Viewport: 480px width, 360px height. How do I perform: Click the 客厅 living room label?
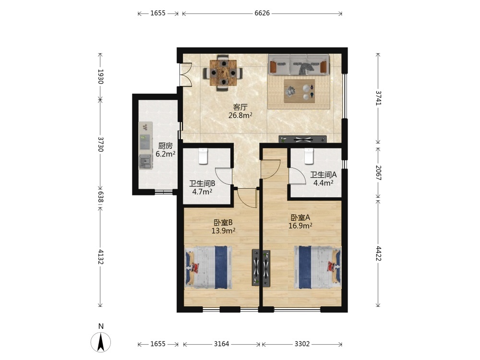click(240, 107)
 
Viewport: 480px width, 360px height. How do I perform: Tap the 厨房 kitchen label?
click(165, 146)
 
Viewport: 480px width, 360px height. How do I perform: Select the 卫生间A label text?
click(323, 175)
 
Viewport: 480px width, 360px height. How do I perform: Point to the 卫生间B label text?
click(202, 184)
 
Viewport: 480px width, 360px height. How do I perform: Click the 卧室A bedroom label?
click(300, 217)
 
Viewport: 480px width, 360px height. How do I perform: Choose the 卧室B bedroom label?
click(223, 223)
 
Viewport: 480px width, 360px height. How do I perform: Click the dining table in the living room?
click(223, 73)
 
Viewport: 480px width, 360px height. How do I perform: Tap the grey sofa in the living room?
click(299, 65)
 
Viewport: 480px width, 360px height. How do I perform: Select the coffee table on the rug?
click(300, 91)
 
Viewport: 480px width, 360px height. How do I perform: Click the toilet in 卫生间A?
click(309, 156)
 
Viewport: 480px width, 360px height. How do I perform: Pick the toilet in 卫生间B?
click(203, 156)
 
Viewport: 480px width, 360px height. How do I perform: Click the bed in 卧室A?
click(317, 267)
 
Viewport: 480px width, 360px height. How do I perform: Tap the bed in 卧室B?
click(208, 267)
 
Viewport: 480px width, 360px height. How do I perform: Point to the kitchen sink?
click(145, 161)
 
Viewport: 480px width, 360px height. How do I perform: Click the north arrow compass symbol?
click(101, 342)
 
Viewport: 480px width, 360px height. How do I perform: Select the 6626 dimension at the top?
click(262, 13)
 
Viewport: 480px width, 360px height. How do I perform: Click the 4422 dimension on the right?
click(378, 253)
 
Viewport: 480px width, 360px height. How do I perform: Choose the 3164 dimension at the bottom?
click(221, 344)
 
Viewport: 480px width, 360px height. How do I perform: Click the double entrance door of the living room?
click(185, 74)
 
